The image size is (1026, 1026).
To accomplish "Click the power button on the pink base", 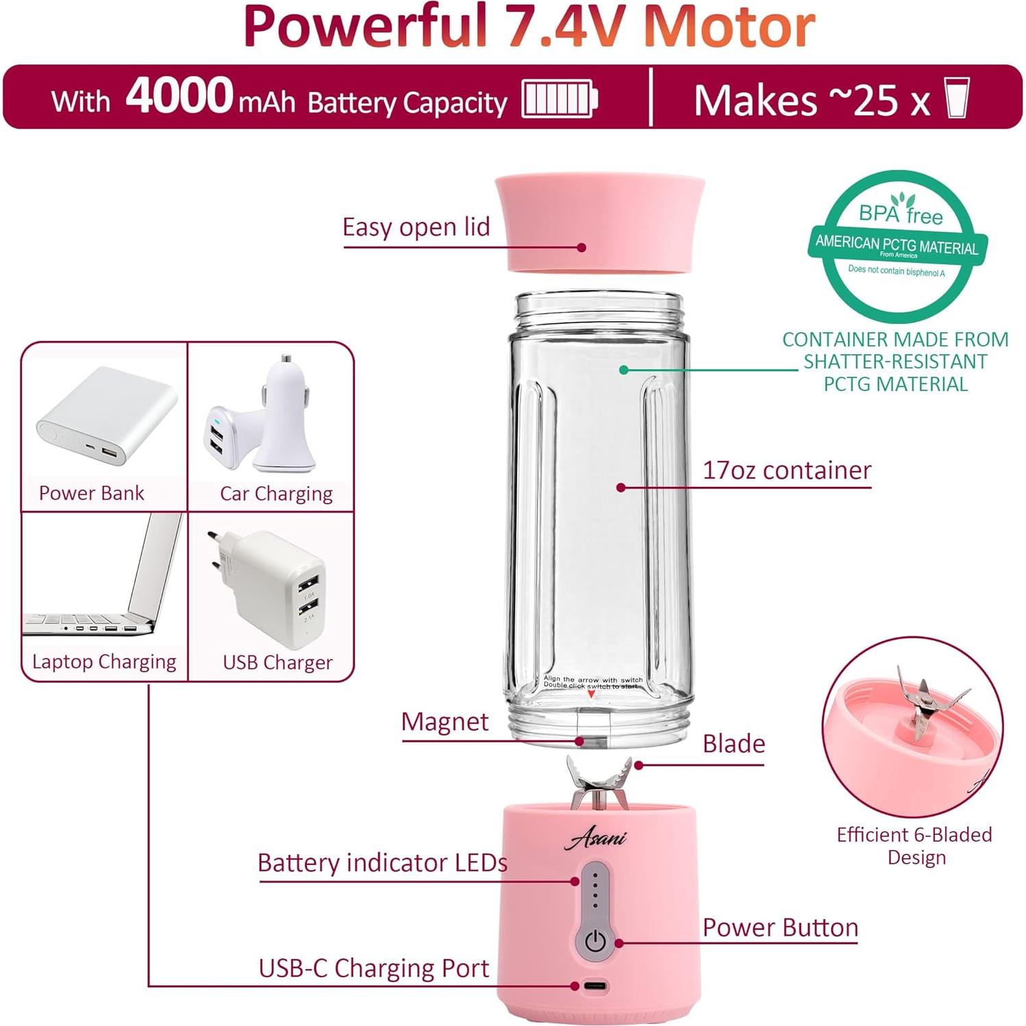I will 595,942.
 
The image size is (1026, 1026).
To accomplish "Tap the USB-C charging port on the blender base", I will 595,986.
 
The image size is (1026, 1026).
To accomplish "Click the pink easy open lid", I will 600,223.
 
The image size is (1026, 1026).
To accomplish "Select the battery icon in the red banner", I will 560,99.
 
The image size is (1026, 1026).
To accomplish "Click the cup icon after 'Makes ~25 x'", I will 956,99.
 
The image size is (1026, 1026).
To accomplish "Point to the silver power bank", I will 106,416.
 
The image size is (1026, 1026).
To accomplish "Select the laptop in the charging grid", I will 103,582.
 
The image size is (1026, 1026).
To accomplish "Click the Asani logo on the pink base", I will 595,837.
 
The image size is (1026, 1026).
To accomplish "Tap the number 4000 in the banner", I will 179,96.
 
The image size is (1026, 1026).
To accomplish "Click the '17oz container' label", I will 786,471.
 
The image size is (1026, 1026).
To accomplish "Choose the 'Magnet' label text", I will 445,722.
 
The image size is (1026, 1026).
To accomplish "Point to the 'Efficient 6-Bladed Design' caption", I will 914,846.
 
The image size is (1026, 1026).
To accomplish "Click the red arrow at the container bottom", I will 592,695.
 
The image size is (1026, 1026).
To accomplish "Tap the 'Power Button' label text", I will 780,927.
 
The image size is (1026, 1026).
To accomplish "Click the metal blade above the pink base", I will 599,783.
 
